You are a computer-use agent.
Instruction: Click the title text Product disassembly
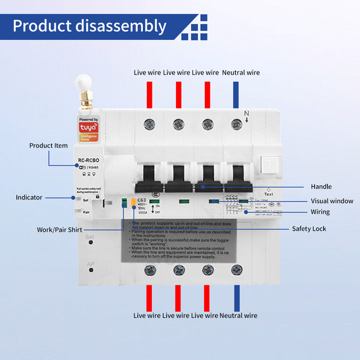click(x=89, y=26)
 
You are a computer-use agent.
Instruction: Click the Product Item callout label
click(x=48, y=146)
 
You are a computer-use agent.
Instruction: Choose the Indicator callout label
click(x=29, y=197)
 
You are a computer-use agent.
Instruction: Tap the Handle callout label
click(x=321, y=186)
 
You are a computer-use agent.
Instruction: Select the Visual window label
click(x=332, y=201)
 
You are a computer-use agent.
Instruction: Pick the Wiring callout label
click(x=320, y=212)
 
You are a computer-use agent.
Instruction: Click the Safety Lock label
click(x=309, y=228)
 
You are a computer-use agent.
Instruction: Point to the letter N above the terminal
click(x=246, y=113)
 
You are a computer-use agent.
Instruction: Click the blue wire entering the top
click(x=236, y=94)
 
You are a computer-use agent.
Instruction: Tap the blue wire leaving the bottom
click(x=237, y=295)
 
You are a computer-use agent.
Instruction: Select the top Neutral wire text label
click(x=241, y=73)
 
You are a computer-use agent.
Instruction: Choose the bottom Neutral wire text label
click(x=238, y=316)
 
